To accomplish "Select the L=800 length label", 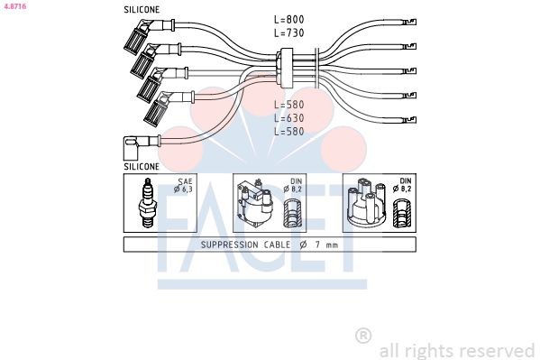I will click(288, 19).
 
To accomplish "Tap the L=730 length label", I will click(288, 32).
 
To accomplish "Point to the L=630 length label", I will click(288, 117).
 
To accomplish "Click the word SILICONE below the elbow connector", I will click(142, 167).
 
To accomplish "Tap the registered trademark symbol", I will click(363, 336).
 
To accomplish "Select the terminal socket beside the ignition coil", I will click(291, 214).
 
